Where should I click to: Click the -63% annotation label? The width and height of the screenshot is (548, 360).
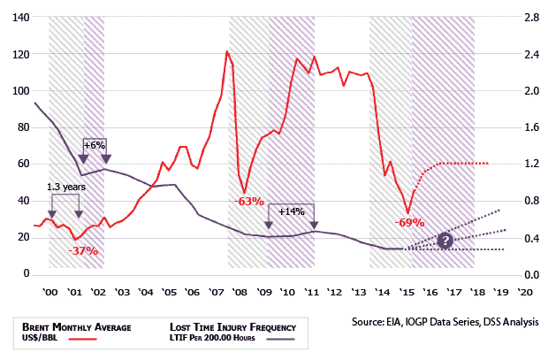(250, 202)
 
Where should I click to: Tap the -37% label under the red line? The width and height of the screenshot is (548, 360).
(84, 251)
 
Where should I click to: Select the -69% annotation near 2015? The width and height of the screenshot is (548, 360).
(410, 222)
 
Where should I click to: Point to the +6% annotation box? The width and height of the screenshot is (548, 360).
(95, 144)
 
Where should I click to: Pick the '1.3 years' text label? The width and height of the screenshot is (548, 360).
(65, 188)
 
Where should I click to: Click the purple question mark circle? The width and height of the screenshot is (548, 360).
(445, 241)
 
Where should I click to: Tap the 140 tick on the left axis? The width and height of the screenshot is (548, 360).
(19, 18)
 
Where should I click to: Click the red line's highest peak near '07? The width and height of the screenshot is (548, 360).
(227, 51)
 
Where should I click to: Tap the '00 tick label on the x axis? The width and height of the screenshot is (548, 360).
(50, 291)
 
